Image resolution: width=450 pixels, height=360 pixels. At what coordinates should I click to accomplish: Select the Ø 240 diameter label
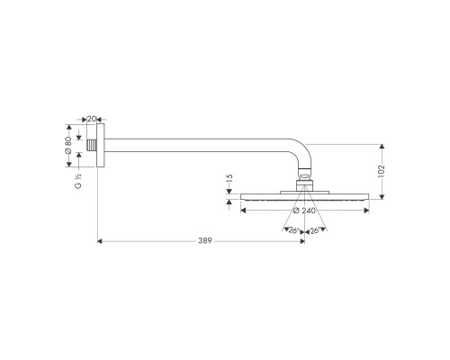coord(304,210)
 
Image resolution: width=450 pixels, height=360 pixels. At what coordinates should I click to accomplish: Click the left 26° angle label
coord(292,230)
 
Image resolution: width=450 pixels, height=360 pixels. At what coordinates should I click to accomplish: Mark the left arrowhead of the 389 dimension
coord(99,241)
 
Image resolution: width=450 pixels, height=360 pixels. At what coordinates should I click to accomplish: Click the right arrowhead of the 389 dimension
coord(301,241)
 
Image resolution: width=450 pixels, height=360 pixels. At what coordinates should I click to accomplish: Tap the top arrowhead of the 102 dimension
coord(382,144)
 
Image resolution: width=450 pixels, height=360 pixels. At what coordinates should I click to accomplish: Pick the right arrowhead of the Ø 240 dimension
coord(366,210)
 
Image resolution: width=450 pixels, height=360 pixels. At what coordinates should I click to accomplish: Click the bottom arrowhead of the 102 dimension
coord(382,198)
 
